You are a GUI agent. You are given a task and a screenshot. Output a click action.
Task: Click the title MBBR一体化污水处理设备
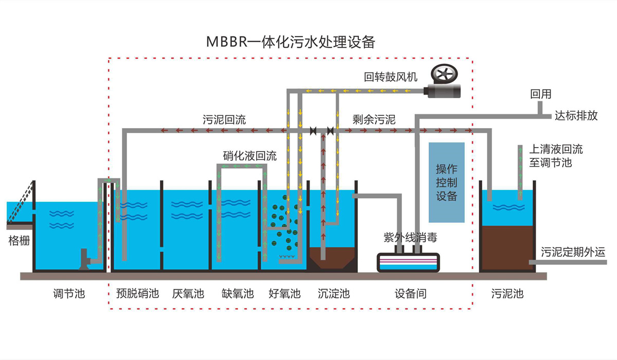click(291, 42)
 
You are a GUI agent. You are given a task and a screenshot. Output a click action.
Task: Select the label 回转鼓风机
click(390, 77)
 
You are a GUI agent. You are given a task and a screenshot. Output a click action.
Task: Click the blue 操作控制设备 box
click(446, 183)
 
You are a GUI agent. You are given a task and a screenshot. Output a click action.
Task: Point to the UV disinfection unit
click(409, 262)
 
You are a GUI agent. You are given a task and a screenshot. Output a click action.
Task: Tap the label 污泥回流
click(224, 120)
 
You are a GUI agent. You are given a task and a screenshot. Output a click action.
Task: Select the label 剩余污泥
click(374, 120)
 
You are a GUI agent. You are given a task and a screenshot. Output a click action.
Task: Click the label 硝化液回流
click(250, 156)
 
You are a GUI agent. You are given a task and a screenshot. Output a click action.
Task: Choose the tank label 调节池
click(69, 294)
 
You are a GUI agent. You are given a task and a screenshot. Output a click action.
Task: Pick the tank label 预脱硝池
click(136, 294)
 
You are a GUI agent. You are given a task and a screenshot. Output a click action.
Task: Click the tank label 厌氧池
click(188, 294)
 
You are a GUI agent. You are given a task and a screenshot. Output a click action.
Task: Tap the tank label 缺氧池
click(238, 294)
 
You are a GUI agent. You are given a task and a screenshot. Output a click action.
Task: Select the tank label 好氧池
click(284, 294)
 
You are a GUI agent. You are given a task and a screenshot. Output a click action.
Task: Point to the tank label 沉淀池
click(334, 294)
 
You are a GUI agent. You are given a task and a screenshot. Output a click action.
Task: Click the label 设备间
click(410, 294)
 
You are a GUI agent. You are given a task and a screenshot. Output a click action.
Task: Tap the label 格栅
click(19, 241)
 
